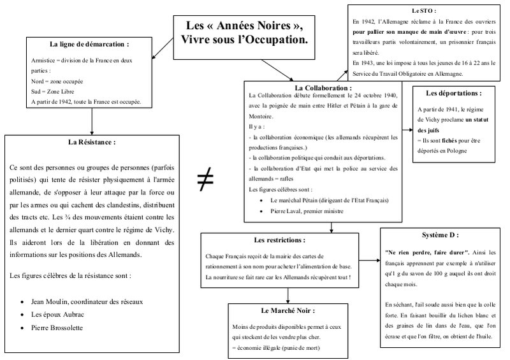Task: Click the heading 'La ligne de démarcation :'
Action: coord(89,45)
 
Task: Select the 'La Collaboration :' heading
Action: coord(323,87)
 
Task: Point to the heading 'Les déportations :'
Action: coord(454,93)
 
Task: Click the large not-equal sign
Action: coord(205,181)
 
